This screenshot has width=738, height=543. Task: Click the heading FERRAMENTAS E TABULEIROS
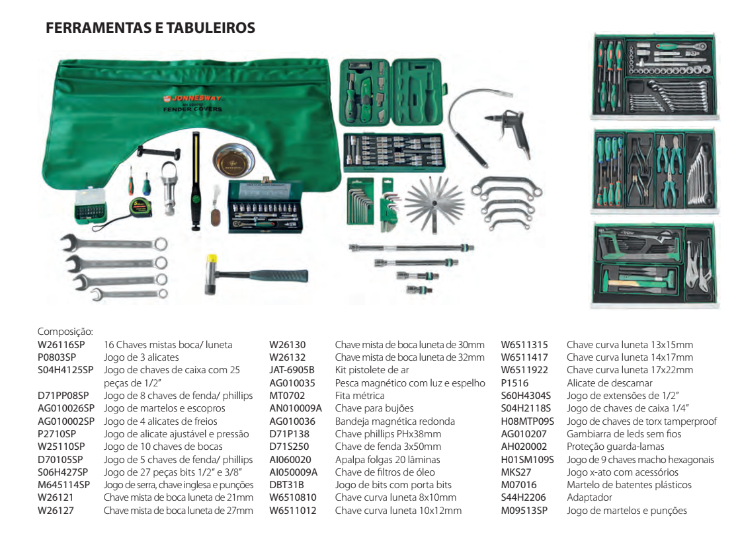pyautogui.click(x=150, y=28)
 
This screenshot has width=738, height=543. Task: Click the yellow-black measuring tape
pyautogui.click(x=140, y=207)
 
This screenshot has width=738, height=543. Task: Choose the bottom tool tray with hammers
pyautogui.click(x=653, y=264)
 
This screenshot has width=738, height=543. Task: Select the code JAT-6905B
pyautogui.click(x=292, y=370)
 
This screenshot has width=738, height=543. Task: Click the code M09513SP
pyautogui.click(x=524, y=510)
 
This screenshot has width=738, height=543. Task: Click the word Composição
pyautogui.click(x=64, y=332)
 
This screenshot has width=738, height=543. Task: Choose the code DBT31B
pyautogui.click(x=286, y=484)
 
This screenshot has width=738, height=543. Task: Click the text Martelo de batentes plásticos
pyautogui.click(x=629, y=484)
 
